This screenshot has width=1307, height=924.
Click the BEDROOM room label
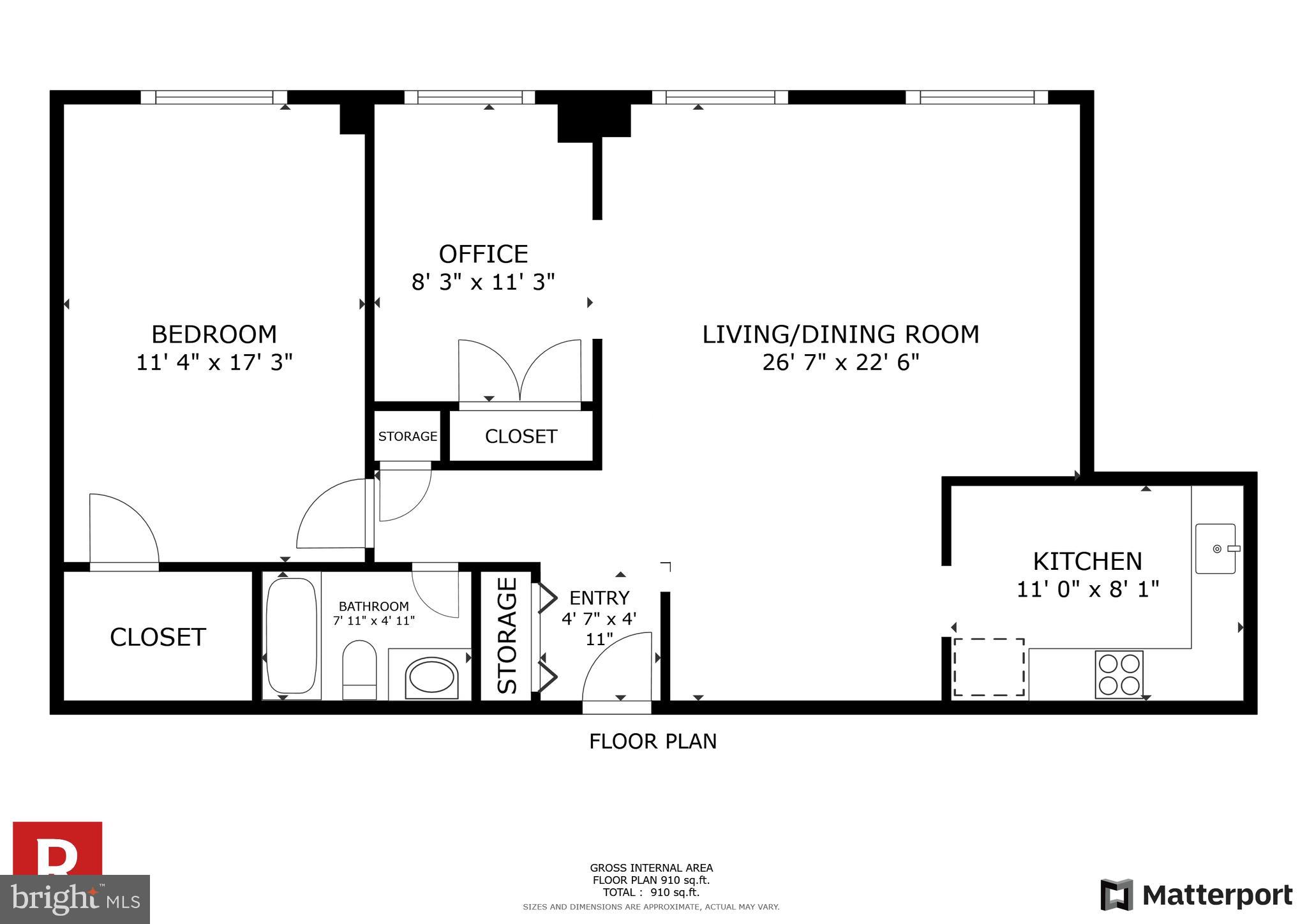(x=214, y=334)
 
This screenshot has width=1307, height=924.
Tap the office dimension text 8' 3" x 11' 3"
(x=483, y=282)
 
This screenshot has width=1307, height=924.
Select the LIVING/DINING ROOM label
(x=840, y=334)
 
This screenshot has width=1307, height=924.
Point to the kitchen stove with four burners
(x=1119, y=674)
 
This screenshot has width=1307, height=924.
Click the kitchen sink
(x=1216, y=549)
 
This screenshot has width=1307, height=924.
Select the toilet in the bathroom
(x=360, y=670)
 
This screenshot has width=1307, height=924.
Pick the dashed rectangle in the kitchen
(x=989, y=667)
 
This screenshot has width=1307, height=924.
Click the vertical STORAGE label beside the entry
(x=507, y=636)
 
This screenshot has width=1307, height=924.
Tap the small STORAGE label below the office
(x=407, y=436)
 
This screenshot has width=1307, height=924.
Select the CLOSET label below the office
(x=521, y=436)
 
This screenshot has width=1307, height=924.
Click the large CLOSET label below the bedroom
(x=158, y=637)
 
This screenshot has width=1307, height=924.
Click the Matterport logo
(x=1196, y=895)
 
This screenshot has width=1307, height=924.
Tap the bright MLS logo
(x=75, y=899)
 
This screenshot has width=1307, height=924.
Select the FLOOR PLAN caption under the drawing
(x=652, y=741)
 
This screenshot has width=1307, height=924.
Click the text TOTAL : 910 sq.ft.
(x=651, y=893)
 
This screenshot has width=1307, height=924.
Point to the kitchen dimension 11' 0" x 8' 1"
(x=1087, y=589)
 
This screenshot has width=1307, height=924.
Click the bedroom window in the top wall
(x=214, y=98)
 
